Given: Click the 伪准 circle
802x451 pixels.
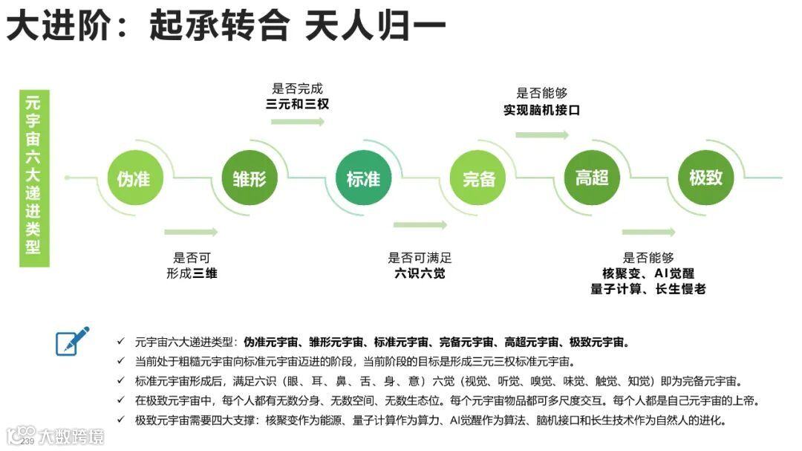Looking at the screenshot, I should [x=134, y=178].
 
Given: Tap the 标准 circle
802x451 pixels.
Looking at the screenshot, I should [x=363, y=178].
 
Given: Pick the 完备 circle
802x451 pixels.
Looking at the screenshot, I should [x=479, y=178].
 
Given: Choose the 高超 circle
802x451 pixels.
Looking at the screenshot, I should [x=592, y=178].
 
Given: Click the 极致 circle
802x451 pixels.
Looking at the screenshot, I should [x=705, y=178].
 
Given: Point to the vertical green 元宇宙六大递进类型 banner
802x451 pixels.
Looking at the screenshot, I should [x=33, y=178].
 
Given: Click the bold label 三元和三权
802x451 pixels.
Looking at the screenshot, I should [x=297, y=105].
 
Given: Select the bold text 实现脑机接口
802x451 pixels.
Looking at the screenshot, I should [x=541, y=110].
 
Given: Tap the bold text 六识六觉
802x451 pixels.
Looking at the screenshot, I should [x=420, y=273].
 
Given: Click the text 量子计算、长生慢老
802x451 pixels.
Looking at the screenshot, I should [x=648, y=289].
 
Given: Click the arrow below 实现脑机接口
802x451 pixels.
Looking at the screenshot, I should [x=541, y=134].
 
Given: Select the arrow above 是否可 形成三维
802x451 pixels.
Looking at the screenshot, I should [x=190, y=233].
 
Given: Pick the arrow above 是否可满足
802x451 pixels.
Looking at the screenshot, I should [x=420, y=224].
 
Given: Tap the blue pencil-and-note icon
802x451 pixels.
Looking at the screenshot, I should [x=73, y=340].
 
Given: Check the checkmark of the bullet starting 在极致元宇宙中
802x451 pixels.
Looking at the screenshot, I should [x=121, y=400].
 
